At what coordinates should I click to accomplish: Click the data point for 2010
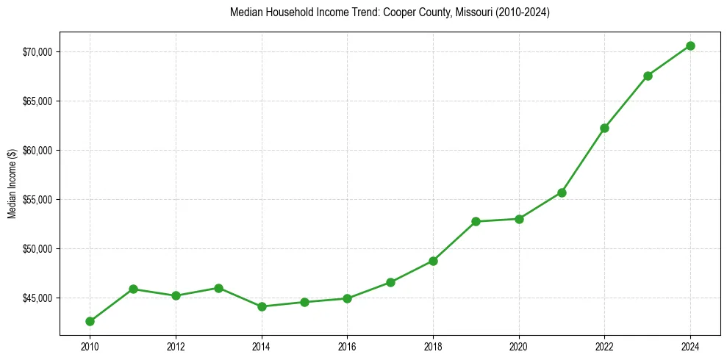pyautogui.click(x=90, y=321)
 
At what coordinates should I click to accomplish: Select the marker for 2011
pyautogui.click(x=133, y=289)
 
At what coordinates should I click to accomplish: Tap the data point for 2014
pyautogui.click(x=262, y=306)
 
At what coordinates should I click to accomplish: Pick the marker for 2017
pyautogui.click(x=390, y=282)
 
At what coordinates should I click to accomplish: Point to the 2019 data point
pyautogui.click(x=476, y=221)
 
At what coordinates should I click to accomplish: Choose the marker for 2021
pyautogui.click(x=562, y=192)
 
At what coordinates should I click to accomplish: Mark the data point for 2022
pyautogui.click(x=604, y=128)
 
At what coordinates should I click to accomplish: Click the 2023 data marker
pyautogui.click(x=648, y=76)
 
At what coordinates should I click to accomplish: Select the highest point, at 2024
pyautogui.click(x=690, y=46)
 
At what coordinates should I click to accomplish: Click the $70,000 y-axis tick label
pyautogui.click(x=37, y=51)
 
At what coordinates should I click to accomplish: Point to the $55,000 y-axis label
pyautogui.click(x=37, y=199)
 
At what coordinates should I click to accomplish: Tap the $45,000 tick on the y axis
pyautogui.click(x=37, y=298)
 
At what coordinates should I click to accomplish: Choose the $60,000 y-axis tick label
pyautogui.click(x=37, y=150)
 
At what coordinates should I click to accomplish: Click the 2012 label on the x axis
pyautogui.click(x=176, y=345)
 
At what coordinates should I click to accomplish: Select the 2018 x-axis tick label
pyautogui.click(x=433, y=345)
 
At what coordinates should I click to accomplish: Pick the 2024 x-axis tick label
pyautogui.click(x=690, y=345)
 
